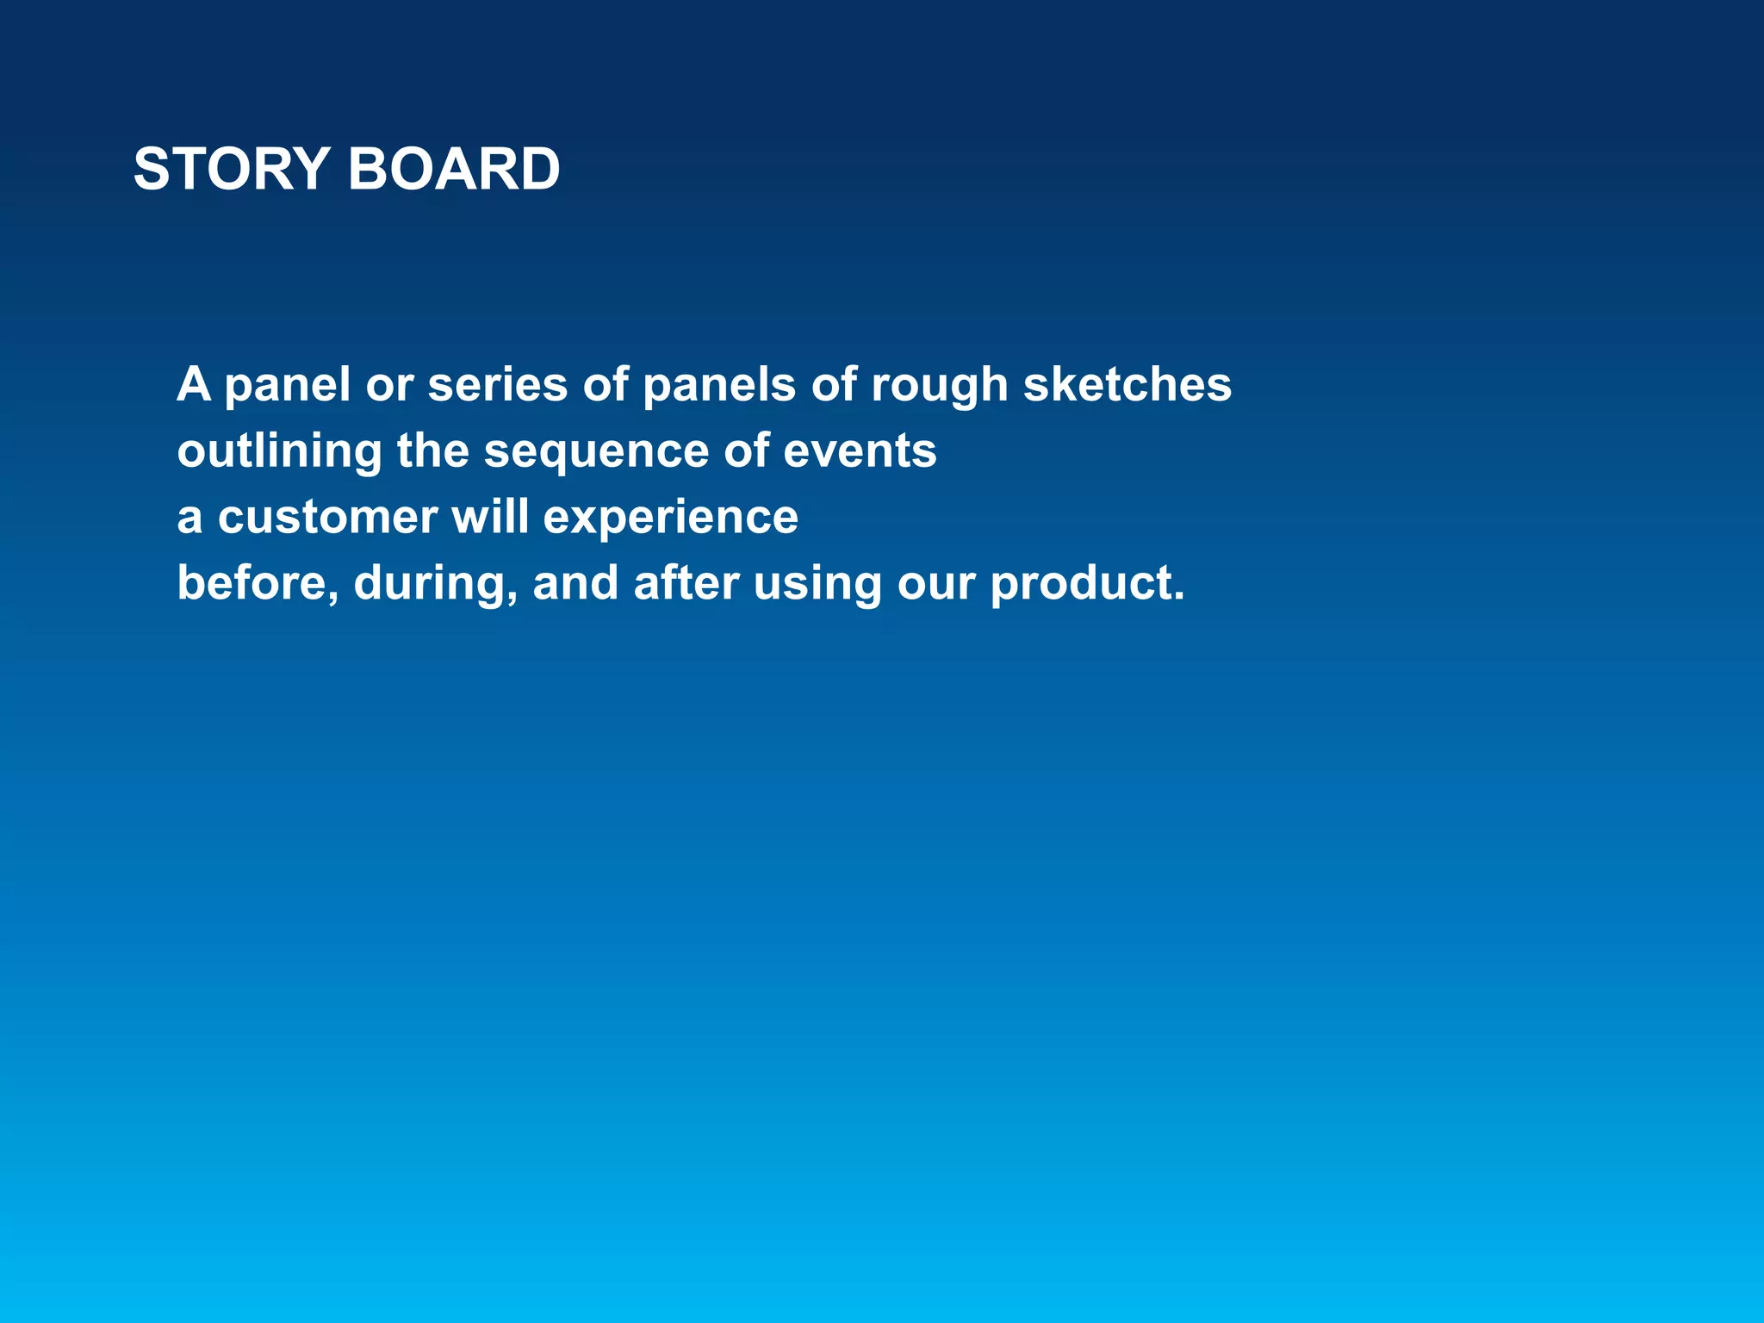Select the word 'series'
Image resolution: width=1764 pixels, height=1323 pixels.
[x=497, y=384]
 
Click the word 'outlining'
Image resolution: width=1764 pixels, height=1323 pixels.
[x=279, y=451]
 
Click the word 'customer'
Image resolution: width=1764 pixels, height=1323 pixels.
[x=327, y=518]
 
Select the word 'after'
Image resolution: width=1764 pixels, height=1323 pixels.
[x=686, y=583]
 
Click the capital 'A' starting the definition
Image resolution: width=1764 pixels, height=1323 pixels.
[x=194, y=384]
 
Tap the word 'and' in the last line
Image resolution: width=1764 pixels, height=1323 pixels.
[x=575, y=583]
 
